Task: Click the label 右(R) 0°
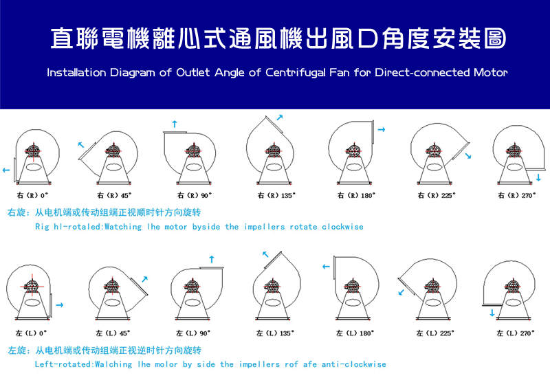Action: coord(32,195)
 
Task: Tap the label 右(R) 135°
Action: coord(276,195)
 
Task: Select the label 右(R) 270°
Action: coord(517,195)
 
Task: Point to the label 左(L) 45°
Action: coord(113,333)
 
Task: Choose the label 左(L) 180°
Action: coord(355,333)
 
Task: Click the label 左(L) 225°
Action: coord(435,333)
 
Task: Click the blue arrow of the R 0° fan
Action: coord(6,170)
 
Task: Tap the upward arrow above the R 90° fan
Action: coord(175,124)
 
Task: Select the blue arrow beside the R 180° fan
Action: coord(382,129)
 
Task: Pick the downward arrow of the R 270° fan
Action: coord(538,177)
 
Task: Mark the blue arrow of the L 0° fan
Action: coord(60,305)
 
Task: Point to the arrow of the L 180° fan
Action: coord(326,267)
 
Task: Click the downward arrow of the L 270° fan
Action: coord(492,313)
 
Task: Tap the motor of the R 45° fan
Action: coord(113,151)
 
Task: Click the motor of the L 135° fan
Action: coord(272,286)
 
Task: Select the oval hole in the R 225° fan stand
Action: coord(434,167)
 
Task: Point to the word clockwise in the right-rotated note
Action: coord(342,227)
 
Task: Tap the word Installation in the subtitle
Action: coord(76,73)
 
